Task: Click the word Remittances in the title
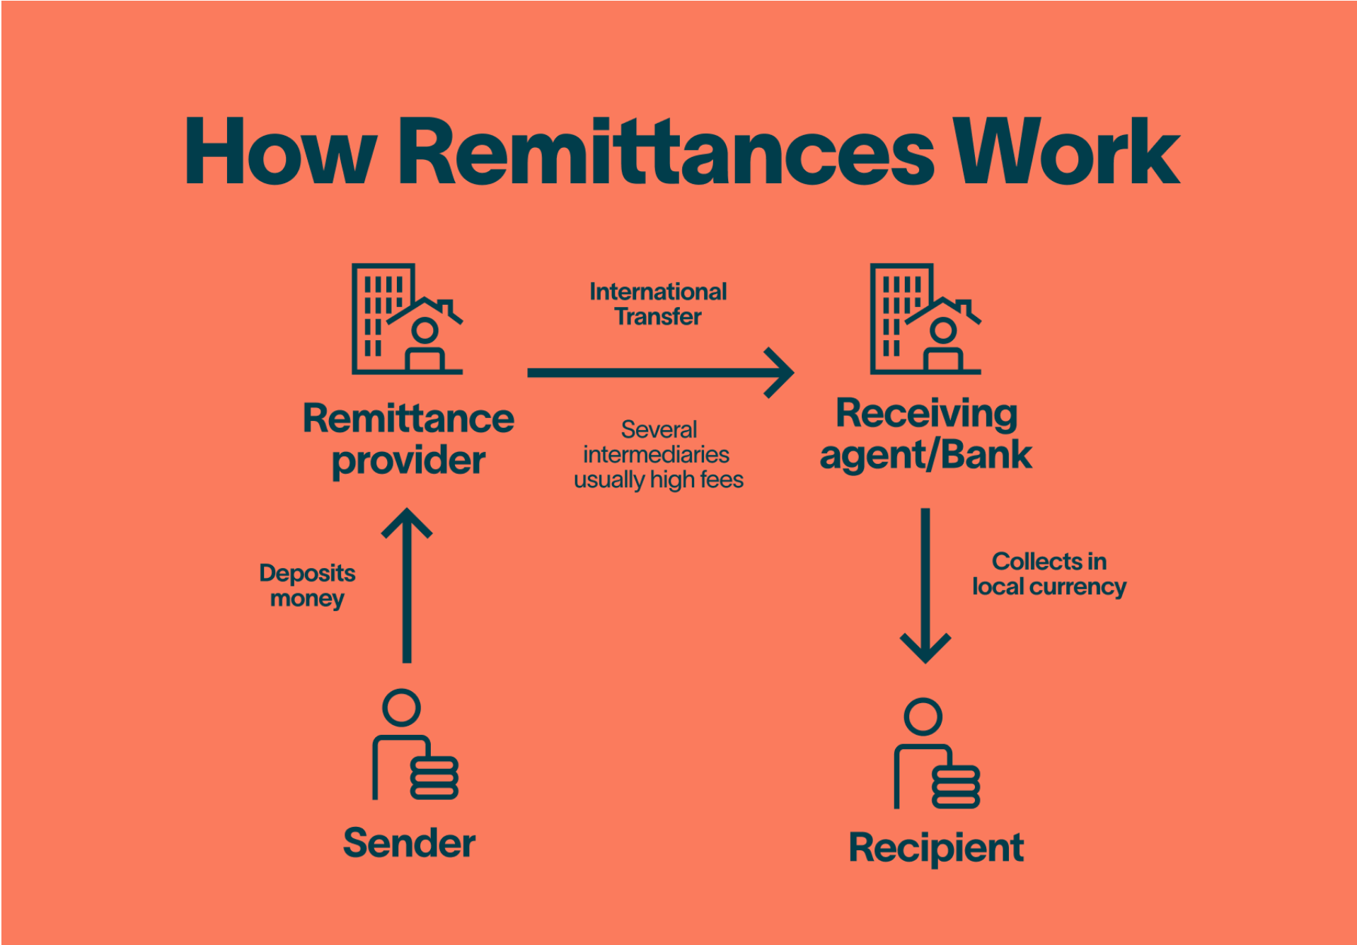pyautogui.click(x=666, y=151)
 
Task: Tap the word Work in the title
pyautogui.click(x=1066, y=151)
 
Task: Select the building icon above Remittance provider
pyautogui.click(x=407, y=319)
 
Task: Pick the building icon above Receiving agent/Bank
pyautogui.click(x=925, y=319)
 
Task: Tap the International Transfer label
pyautogui.click(x=658, y=304)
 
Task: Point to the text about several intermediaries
pyautogui.click(x=659, y=455)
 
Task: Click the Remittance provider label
pyautogui.click(x=408, y=439)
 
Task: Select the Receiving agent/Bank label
pyautogui.click(x=925, y=434)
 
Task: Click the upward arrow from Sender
pyautogui.click(x=407, y=586)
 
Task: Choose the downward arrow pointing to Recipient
pyautogui.click(x=925, y=586)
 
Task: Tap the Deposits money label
pyautogui.click(x=307, y=586)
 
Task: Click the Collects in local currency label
pyautogui.click(x=1049, y=574)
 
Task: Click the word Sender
pyautogui.click(x=409, y=843)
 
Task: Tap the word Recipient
pyautogui.click(x=936, y=849)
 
